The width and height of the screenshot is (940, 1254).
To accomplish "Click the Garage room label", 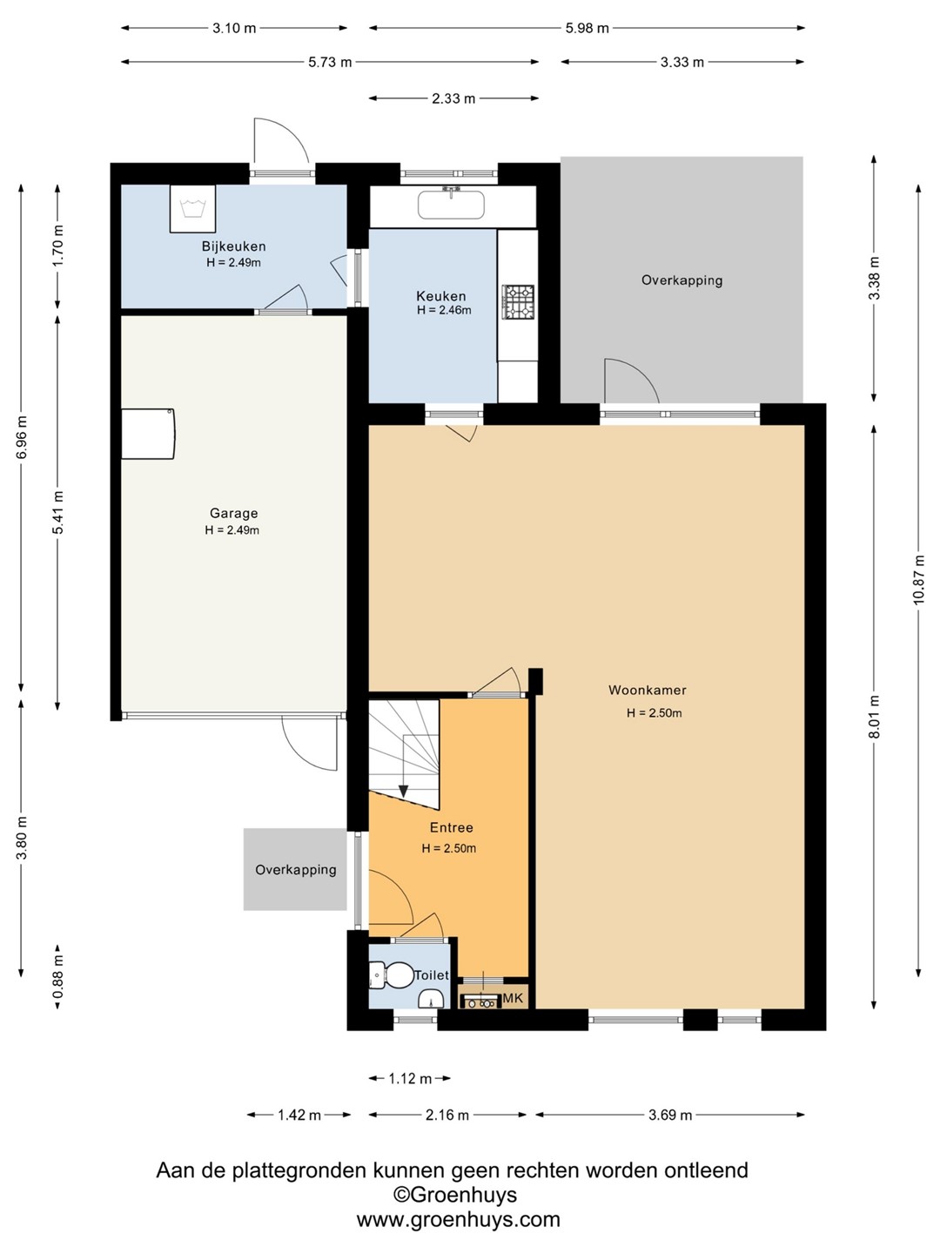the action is [233, 513].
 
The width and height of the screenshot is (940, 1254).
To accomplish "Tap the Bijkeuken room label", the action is [233, 246].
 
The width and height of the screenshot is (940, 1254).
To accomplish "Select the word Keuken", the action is [440, 296].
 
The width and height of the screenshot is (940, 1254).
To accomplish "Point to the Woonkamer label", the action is [648, 690].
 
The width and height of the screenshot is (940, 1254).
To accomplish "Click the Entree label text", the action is [451, 827].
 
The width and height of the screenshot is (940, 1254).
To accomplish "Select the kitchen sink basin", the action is [451, 204].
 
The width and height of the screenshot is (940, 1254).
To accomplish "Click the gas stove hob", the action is [518, 302].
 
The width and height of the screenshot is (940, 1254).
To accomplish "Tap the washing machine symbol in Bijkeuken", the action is [192, 208].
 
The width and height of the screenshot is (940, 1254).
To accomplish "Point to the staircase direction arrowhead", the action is [404, 792].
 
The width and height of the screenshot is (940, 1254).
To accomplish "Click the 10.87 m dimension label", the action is [918, 579].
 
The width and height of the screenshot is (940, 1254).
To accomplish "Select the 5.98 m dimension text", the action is [587, 28].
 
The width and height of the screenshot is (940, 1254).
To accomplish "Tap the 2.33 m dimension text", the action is [453, 98].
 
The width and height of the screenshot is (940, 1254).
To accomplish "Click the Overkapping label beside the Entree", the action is [296, 869].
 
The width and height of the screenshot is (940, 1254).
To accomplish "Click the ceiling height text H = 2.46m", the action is [444, 310].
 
